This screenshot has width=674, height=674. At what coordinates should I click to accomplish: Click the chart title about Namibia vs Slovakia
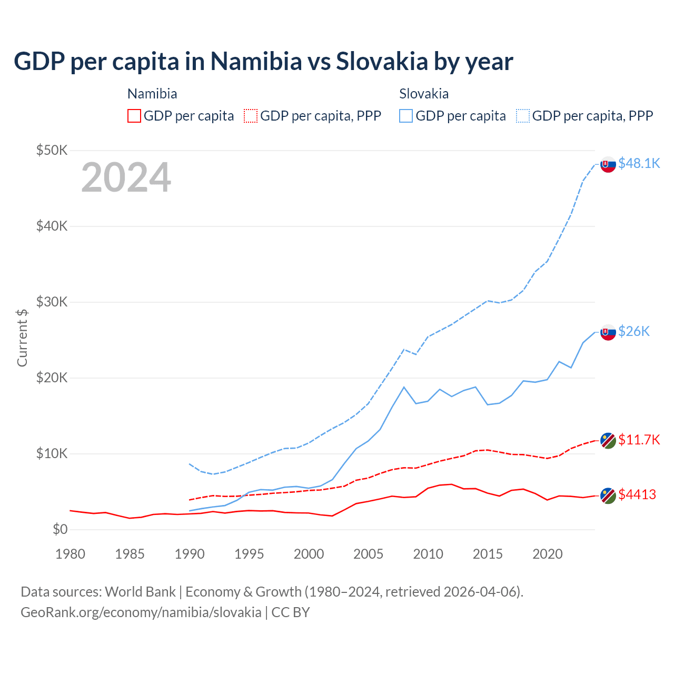(263, 62)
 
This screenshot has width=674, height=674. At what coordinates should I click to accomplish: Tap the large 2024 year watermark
(126, 177)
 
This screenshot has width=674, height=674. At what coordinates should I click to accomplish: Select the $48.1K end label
(639, 163)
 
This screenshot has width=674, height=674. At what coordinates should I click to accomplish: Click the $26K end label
(634, 331)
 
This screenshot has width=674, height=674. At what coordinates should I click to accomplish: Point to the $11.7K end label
(639, 440)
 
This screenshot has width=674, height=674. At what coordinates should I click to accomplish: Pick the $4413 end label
(637, 494)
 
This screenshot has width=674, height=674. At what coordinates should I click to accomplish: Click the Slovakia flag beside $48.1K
(608, 165)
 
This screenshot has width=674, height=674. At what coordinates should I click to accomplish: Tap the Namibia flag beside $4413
(608, 495)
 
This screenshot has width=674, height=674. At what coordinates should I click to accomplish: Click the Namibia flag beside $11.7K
(608, 440)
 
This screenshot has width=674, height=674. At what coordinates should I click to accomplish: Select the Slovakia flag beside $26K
(608, 332)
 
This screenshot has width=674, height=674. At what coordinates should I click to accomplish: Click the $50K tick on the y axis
(52, 151)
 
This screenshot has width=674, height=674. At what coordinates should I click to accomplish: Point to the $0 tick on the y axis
(60, 530)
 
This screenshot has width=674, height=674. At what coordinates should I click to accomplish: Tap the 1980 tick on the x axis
(70, 554)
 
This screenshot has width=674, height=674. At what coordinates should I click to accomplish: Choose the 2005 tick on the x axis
(369, 554)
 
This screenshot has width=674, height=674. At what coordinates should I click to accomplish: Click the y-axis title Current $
(22, 338)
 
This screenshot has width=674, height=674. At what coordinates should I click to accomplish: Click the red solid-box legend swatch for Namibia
(134, 116)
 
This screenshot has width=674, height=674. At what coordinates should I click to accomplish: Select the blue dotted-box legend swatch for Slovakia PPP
(523, 116)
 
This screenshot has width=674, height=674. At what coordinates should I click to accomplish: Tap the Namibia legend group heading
(152, 94)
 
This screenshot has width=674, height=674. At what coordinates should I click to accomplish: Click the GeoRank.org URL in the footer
(141, 612)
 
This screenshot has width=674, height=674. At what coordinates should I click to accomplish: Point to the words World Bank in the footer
(140, 592)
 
